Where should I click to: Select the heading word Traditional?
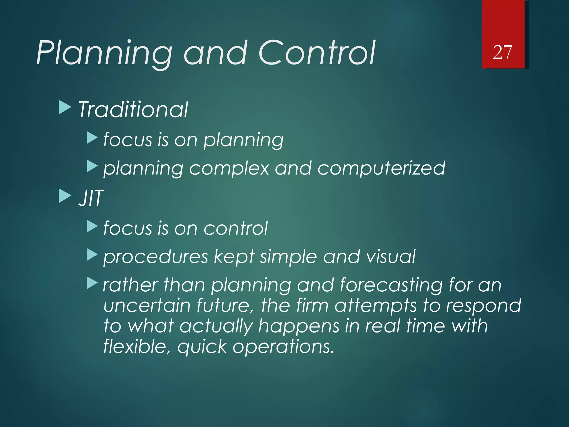[133, 110]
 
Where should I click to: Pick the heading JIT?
[91, 198]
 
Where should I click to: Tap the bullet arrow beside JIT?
[65, 196]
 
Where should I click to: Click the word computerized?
[381, 168]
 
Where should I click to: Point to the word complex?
[229, 168]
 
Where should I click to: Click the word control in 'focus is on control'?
[236, 229]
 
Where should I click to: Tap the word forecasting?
[391, 286]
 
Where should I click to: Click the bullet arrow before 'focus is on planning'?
[92, 138]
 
